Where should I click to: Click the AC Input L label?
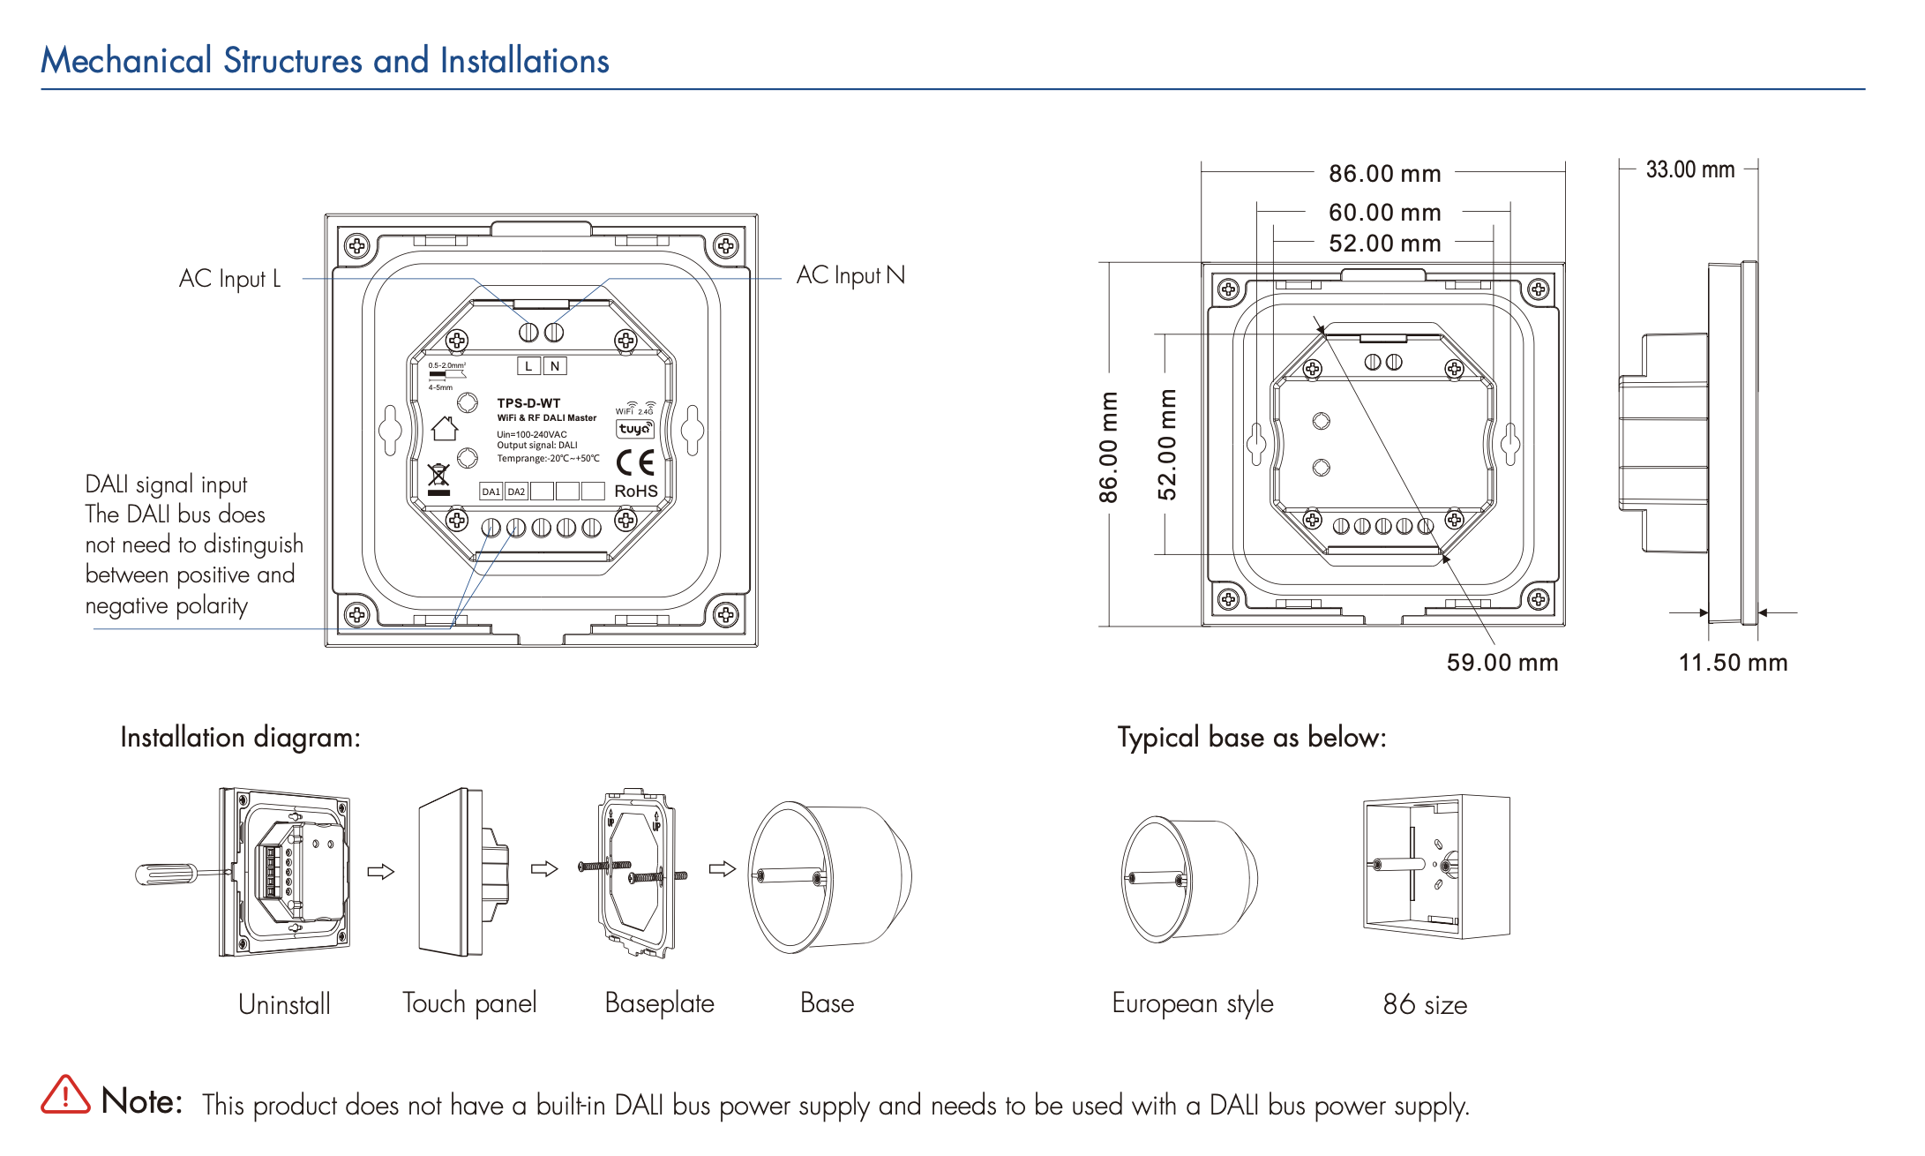[x=229, y=279]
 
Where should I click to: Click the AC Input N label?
[x=850, y=275]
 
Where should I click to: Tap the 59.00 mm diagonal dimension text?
[x=1502, y=663]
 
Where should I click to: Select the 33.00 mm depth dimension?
[x=1689, y=169]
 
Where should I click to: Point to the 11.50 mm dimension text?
[x=1732, y=663]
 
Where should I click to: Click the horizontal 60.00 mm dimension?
[x=1384, y=213]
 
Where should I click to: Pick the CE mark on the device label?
[x=634, y=462]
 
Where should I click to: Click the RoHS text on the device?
[x=635, y=491]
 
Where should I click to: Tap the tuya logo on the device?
[x=634, y=429]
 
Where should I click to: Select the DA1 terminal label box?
[x=491, y=492]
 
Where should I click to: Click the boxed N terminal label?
[x=554, y=366]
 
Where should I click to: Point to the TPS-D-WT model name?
[x=528, y=403]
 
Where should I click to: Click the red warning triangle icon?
[x=65, y=1095]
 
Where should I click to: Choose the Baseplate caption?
[x=659, y=1003]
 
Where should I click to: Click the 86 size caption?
[x=1424, y=1004]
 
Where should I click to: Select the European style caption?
[x=1192, y=1003]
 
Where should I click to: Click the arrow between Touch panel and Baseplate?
[x=544, y=869]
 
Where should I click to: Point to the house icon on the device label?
[x=445, y=429]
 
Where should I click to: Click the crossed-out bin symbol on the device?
[x=438, y=477]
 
